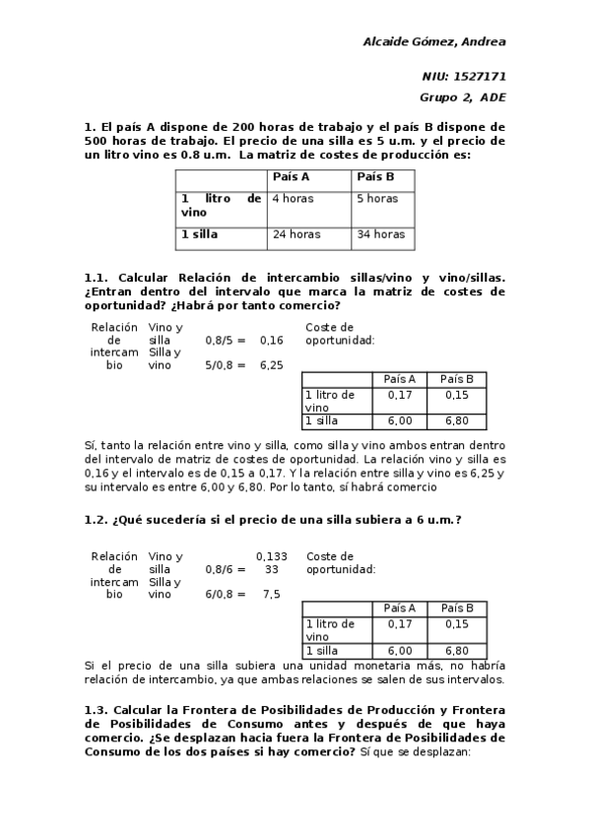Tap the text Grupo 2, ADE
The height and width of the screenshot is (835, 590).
tap(462, 96)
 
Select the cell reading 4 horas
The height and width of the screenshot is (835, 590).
tap(293, 199)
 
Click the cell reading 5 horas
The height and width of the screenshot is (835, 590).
tap(377, 199)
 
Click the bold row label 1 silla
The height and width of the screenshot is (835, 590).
tap(199, 235)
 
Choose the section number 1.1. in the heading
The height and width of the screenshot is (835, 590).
tap(98, 279)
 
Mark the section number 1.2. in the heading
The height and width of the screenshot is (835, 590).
tap(98, 520)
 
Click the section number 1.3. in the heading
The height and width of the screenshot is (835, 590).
tap(98, 710)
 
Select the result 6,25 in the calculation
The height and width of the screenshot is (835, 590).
tap(271, 365)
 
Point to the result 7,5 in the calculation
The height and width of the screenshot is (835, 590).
tap(271, 595)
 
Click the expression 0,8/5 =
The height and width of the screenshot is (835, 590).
tap(225, 341)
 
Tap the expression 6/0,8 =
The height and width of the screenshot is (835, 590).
tap(225, 595)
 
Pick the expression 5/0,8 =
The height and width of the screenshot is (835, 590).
tap(225, 365)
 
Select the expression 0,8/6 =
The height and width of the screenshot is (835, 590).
tap(225, 569)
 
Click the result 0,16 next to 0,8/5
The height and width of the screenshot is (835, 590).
tap(271, 341)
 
